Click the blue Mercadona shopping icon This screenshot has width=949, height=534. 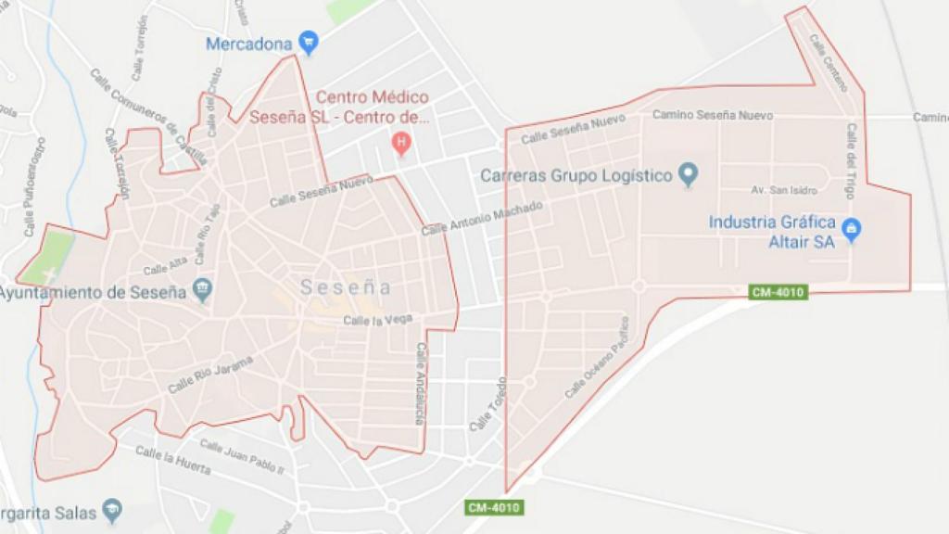pyautogui.click(x=309, y=42)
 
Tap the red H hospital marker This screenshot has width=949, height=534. pyautogui.click(x=400, y=143)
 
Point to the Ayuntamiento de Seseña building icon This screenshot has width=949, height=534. pyautogui.click(x=202, y=291)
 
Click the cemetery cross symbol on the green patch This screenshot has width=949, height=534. pyautogui.click(x=49, y=274)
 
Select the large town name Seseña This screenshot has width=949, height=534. pyautogui.click(x=346, y=288)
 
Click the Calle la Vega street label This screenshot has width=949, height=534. pyautogui.click(x=377, y=321)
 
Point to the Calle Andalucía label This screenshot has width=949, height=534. pyautogui.click(x=419, y=385)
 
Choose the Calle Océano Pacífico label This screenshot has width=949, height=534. pyautogui.click(x=597, y=359)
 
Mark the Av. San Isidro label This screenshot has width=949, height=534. pyautogui.click(x=783, y=190)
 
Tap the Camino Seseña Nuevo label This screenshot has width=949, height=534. pyautogui.click(x=713, y=115)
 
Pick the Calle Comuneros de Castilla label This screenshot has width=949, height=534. pyautogui.click(x=148, y=117)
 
